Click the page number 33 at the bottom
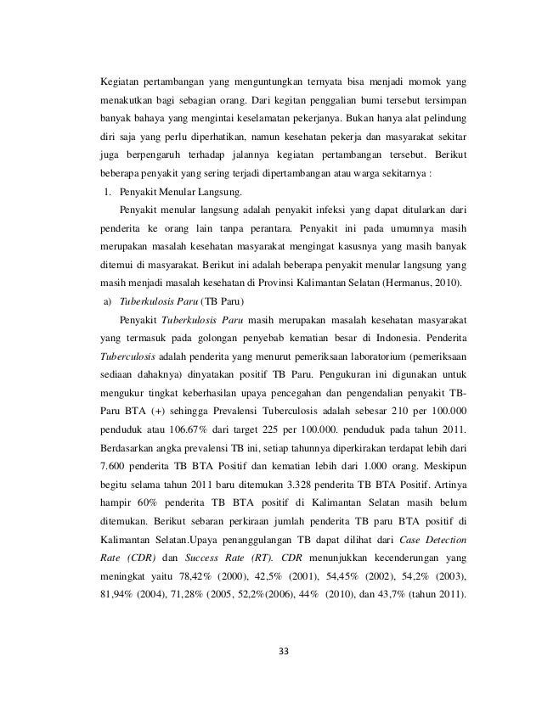[284, 651]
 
